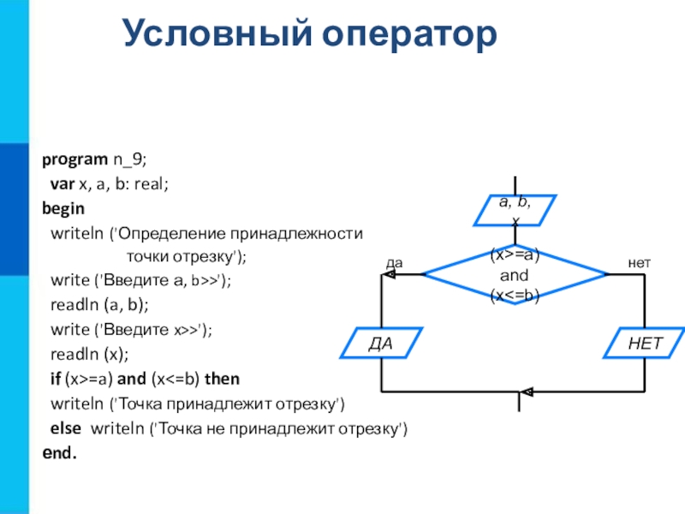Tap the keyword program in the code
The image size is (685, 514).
pos(74,159)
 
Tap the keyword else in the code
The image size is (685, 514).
pos(66,427)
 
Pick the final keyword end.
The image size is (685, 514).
pos(59,451)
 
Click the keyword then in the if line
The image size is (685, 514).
pos(222,379)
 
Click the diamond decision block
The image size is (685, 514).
pos(515,275)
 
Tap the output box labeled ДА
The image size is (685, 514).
pos(380,344)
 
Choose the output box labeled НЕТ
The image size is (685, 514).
pos(645,344)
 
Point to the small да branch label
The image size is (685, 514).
pos(394,264)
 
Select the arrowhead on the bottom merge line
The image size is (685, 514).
pos(527,392)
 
